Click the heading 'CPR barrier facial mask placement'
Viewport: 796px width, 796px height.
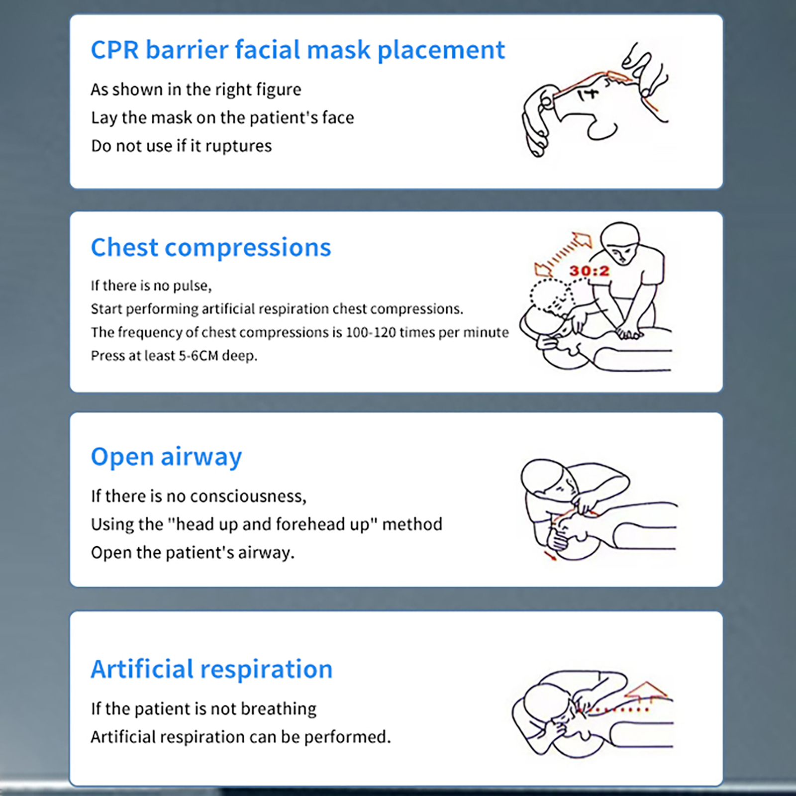pos(298,50)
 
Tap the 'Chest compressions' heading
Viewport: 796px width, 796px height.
pos(211,248)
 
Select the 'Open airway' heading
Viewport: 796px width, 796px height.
pos(166,457)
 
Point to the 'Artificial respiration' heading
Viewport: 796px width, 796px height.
pos(211,669)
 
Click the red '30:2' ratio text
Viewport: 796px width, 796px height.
pos(590,271)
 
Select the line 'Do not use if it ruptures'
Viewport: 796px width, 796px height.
pos(181,146)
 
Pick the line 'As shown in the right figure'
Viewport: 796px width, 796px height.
pos(196,90)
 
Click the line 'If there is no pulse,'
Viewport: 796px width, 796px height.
pos(151,286)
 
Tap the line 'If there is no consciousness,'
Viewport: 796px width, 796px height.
pos(199,497)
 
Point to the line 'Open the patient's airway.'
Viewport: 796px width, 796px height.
pos(193,553)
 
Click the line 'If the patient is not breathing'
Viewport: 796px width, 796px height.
pos(203,709)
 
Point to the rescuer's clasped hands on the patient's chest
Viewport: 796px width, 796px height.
pos(628,333)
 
